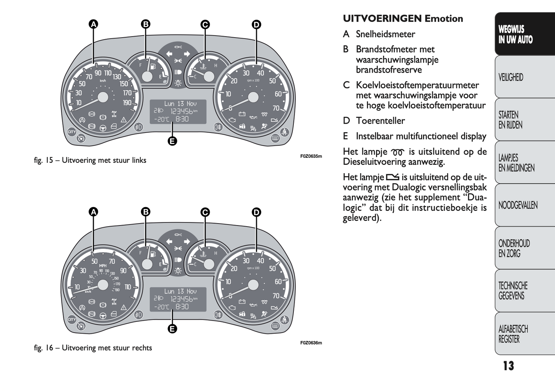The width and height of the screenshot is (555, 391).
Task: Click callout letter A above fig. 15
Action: (x=93, y=24)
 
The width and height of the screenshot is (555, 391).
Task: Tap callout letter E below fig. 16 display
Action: (x=172, y=328)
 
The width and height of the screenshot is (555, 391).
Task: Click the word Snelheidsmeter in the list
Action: (x=385, y=34)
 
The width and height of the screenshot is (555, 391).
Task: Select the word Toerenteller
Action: (x=380, y=121)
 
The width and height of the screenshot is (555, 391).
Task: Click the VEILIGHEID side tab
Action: (x=511, y=77)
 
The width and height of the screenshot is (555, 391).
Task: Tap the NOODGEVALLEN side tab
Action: (x=518, y=205)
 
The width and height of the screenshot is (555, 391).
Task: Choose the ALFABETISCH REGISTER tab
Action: (x=513, y=334)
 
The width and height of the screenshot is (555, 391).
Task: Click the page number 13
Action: (x=508, y=366)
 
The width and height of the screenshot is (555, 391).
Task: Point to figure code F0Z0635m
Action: (x=311, y=156)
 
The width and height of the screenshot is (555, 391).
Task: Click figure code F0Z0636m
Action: (x=311, y=343)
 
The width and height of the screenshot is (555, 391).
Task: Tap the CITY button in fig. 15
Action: (x=72, y=132)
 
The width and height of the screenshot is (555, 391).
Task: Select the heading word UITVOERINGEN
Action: (x=382, y=18)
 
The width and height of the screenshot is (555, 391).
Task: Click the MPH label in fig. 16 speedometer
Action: (x=103, y=266)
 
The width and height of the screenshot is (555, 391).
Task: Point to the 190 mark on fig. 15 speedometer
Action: (x=127, y=103)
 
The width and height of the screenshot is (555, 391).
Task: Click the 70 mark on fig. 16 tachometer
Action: (x=276, y=296)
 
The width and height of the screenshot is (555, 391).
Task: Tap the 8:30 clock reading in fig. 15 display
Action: (x=182, y=119)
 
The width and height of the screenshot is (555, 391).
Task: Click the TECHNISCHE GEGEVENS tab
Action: (x=513, y=291)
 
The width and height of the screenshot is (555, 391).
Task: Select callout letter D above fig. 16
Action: (x=256, y=212)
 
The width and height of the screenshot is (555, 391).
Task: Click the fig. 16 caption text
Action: (x=93, y=348)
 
